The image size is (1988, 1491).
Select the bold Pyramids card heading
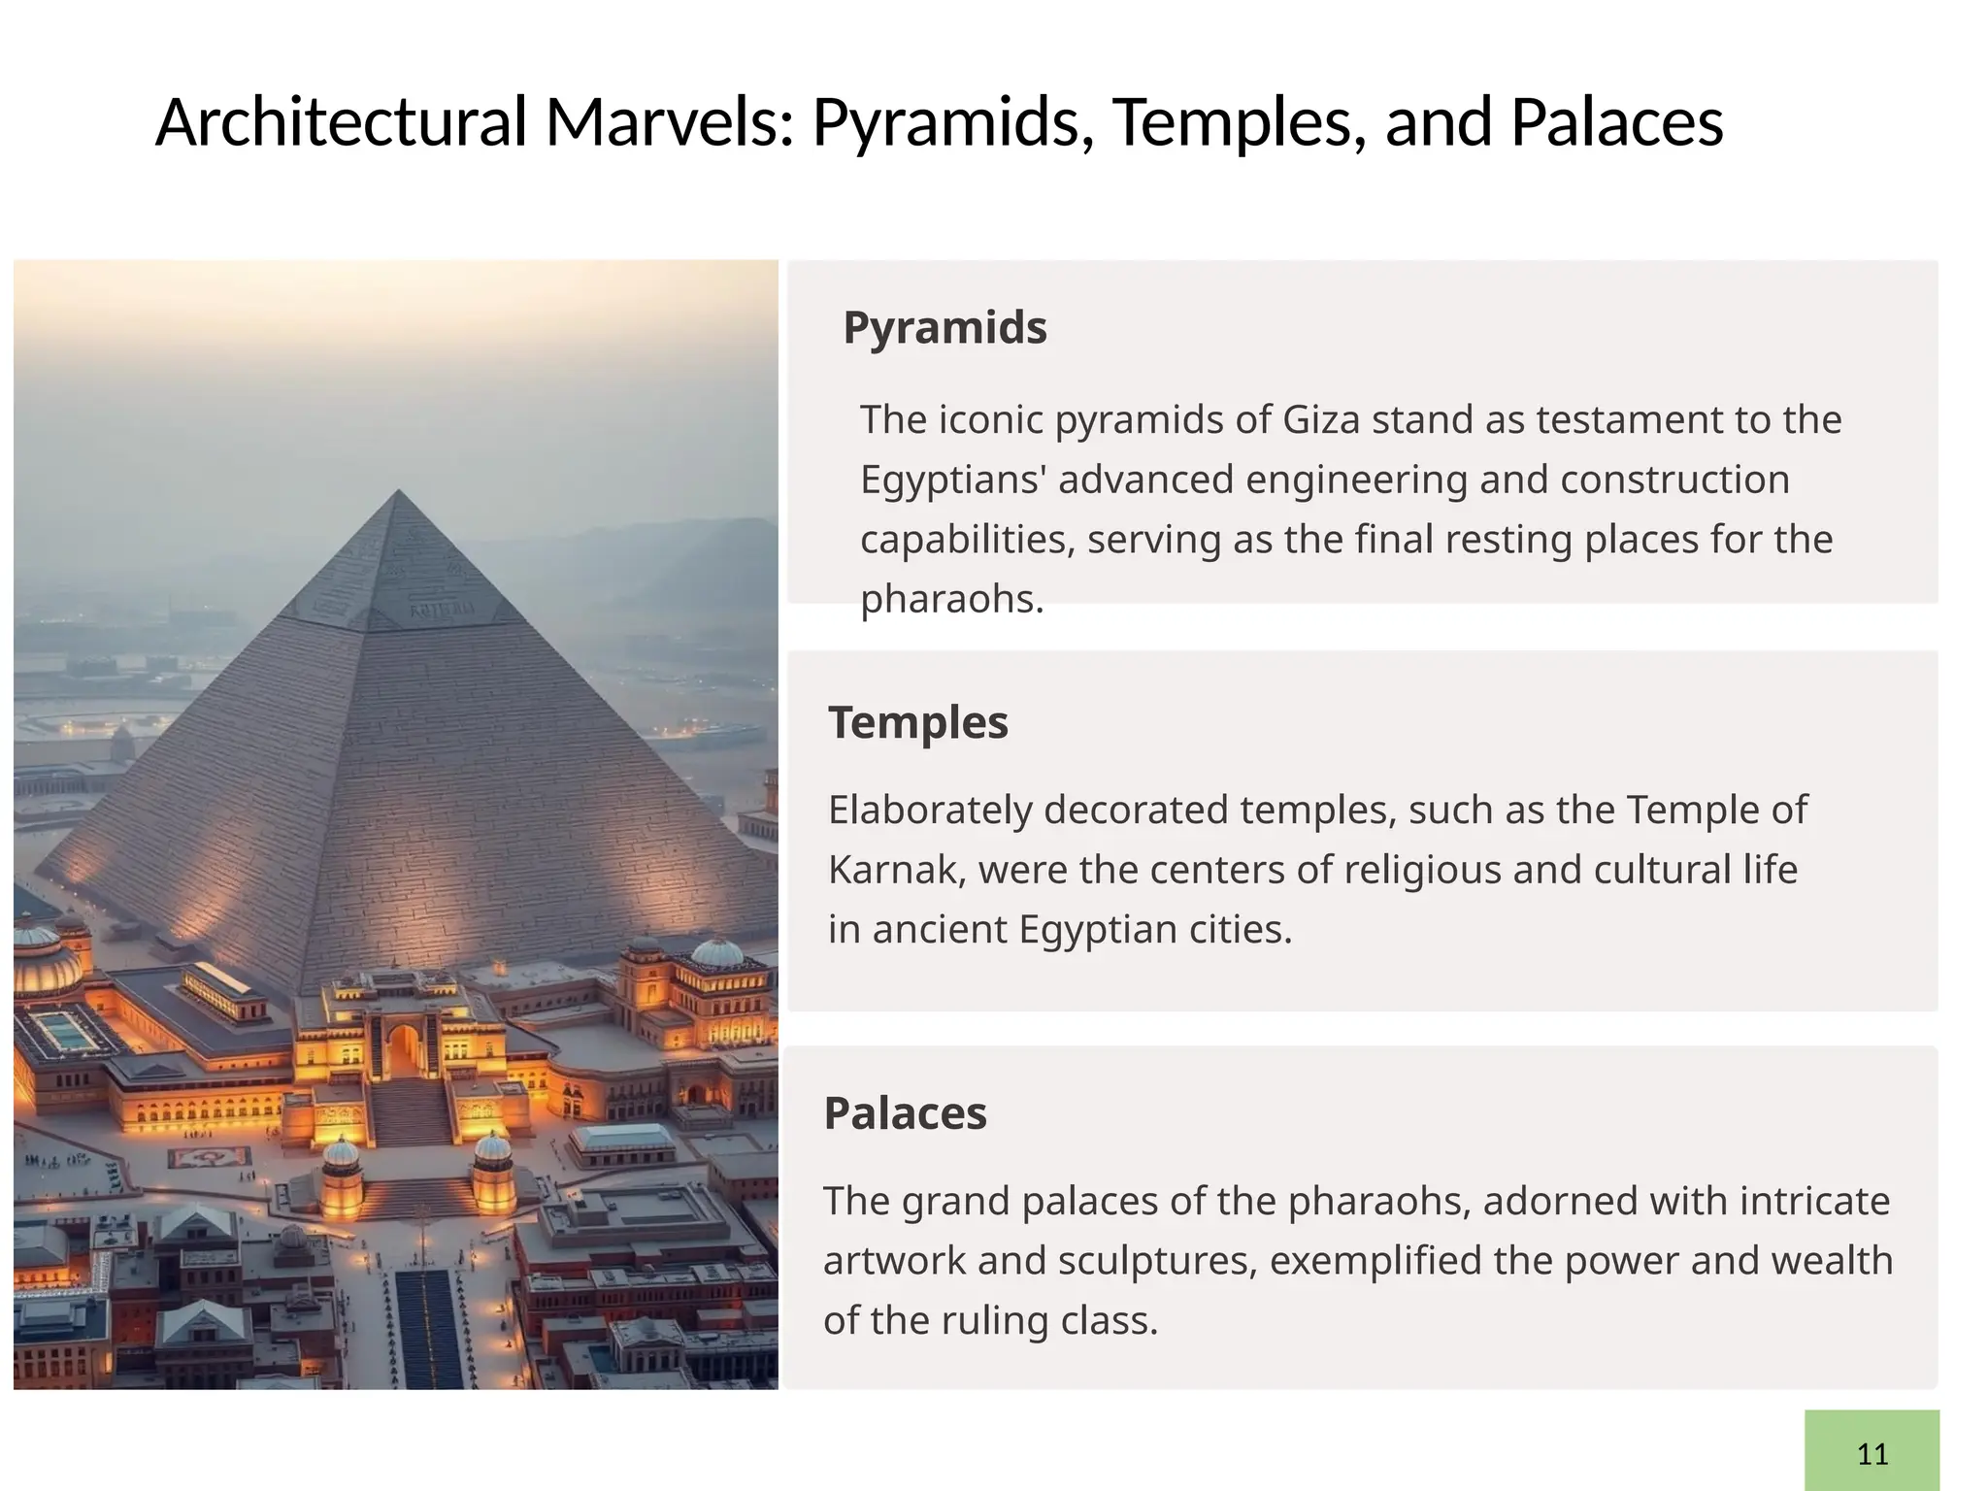click(944, 327)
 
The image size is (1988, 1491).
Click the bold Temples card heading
click(917, 722)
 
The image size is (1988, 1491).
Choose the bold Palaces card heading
click(905, 1113)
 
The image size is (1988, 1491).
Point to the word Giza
click(1320, 419)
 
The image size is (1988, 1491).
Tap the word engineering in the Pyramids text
click(1356, 480)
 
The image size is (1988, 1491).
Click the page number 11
click(1872, 1454)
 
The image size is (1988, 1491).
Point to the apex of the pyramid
click(398, 492)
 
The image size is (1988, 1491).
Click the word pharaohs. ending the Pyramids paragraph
click(951, 599)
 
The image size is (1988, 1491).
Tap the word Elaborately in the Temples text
click(929, 810)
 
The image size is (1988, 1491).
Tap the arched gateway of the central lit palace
click(403, 1048)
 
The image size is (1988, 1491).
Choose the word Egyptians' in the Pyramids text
click(952, 480)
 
